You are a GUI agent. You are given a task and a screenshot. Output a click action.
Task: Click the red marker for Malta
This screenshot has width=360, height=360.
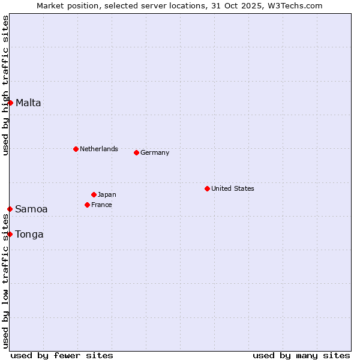(x=10, y=103)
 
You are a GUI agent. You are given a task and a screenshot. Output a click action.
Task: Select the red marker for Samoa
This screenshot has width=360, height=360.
(x=10, y=209)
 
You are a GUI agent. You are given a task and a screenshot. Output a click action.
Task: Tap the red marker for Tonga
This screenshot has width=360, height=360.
(x=10, y=234)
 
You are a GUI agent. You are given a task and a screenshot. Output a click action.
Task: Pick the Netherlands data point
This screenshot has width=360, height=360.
(x=76, y=149)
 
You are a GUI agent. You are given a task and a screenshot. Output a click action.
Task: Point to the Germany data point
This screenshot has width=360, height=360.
(x=136, y=152)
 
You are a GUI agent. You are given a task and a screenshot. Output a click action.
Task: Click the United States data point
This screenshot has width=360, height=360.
(x=207, y=188)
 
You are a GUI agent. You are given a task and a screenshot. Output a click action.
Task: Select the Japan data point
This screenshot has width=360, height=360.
(x=94, y=194)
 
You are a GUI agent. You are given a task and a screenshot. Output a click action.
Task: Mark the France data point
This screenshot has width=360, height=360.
(x=87, y=205)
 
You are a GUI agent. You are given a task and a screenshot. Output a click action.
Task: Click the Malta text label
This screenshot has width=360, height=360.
(x=28, y=103)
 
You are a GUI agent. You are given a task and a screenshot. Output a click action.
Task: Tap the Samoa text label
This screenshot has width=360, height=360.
(x=31, y=209)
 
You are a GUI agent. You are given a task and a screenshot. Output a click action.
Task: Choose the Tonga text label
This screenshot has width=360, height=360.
(x=29, y=234)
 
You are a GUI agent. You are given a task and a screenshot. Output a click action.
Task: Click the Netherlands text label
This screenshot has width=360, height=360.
(x=99, y=149)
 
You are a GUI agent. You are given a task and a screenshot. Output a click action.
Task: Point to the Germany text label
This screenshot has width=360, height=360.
(x=155, y=152)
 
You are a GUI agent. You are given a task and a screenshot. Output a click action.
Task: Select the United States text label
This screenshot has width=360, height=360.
(x=233, y=188)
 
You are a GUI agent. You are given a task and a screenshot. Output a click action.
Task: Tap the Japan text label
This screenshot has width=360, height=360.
(x=107, y=194)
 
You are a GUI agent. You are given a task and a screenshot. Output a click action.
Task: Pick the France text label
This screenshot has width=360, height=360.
(x=101, y=205)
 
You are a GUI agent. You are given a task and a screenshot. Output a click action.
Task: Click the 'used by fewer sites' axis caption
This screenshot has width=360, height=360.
(x=62, y=355)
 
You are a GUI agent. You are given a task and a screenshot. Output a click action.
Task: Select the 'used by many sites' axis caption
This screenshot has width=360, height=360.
(x=301, y=355)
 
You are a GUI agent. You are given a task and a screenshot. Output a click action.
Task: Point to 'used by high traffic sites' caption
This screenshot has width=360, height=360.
(x=5, y=85)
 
